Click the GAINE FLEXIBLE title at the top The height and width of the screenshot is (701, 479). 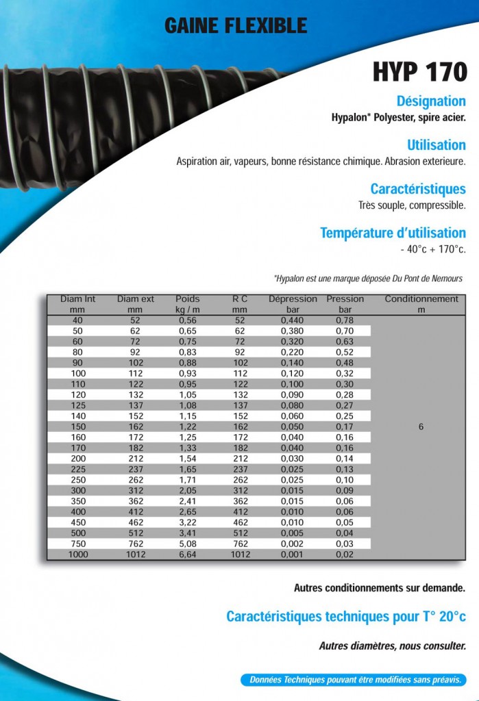(235, 26)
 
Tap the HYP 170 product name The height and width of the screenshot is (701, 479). (420, 72)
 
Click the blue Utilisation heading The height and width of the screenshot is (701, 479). (436, 145)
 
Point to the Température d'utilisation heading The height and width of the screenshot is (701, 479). (393, 233)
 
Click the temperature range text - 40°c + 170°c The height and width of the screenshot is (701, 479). (433, 250)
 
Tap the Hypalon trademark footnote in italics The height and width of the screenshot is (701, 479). (368, 279)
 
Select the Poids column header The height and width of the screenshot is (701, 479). (188, 299)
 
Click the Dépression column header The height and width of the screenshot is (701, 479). (293, 299)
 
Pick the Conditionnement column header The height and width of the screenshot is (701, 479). (421, 299)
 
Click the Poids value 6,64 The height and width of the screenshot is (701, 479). (188, 555)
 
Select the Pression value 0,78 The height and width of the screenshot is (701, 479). (345, 320)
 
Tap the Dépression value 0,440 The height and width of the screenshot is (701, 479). (292, 320)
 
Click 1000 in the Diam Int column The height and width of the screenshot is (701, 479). (77, 555)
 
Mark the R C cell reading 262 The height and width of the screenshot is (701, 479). (240, 480)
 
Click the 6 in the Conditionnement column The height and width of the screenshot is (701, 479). (421, 427)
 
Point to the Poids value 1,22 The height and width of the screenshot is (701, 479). (188, 426)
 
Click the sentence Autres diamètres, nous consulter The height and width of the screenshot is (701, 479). (392, 646)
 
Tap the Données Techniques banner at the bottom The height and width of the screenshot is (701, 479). (354, 680)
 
